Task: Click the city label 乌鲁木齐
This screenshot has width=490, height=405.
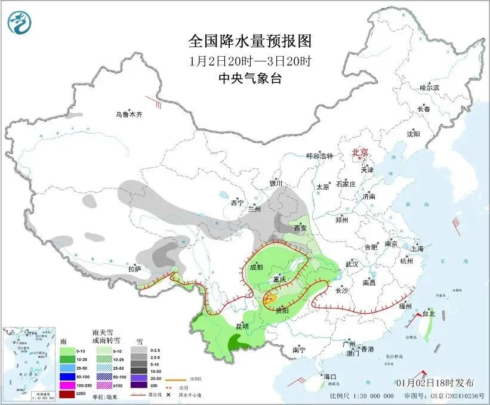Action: click(129, 114)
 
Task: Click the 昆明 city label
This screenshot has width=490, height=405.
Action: click(242, 326)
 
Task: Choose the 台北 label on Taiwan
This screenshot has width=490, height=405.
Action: click(429, 313)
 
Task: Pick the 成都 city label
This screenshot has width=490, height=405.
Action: click(257, 267)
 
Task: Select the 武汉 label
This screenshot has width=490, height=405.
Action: click(352, 264)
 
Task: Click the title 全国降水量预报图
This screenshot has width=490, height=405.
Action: click(250, 41)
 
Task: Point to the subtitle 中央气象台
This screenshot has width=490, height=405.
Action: click(250, 78)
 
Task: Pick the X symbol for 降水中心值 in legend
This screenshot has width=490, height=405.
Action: click(168, 394)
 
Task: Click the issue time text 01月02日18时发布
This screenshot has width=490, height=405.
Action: click(436, 382)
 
